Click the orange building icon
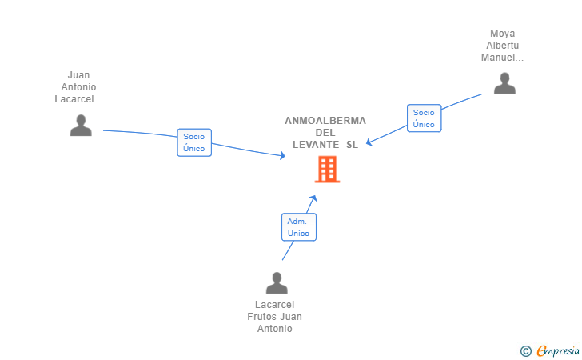(327, 169)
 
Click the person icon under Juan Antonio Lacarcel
(81, 126)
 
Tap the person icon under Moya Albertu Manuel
(504, 83)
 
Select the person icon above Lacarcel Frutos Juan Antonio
(277, 283)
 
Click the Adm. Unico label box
(298, 227)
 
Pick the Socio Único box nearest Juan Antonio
(194, 142)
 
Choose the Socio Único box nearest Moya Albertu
(424, 118)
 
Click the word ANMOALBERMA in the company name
(325, 121)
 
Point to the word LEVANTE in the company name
(316, 144)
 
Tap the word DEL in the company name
(325, 133)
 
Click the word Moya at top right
(503, 34)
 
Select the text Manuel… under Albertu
(503, 58)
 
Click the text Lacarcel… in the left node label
(79, 99)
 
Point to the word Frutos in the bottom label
(263, 317)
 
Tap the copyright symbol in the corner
(525, 350)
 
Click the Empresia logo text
(556, 350)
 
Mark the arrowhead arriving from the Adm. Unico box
(313, 198)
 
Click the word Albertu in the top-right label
(503, 46)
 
